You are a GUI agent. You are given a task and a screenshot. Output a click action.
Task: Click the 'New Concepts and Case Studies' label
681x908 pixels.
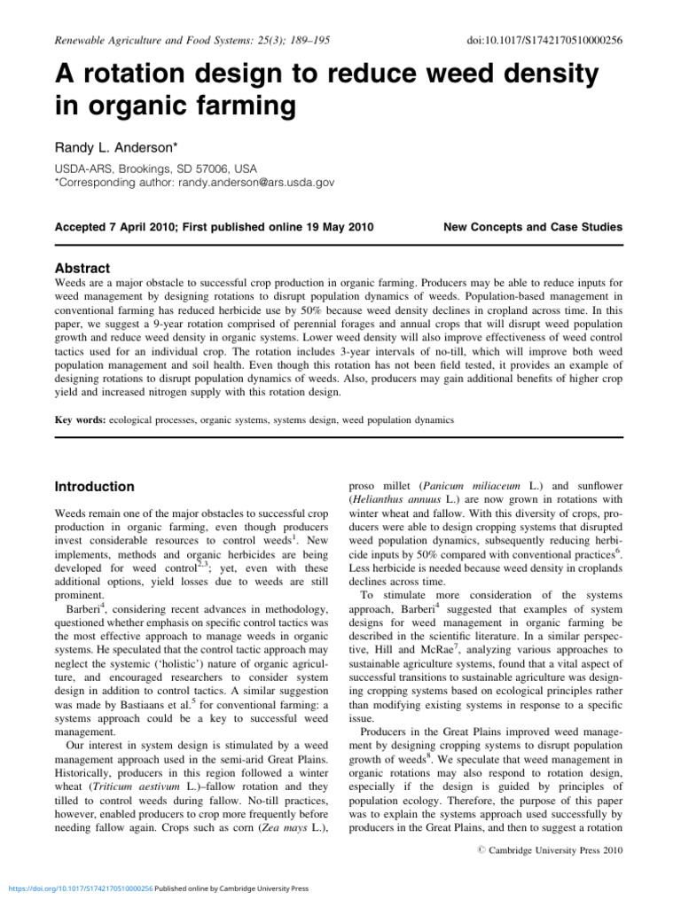coord(533,227)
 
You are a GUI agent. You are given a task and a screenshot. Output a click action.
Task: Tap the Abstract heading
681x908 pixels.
coord(82,269)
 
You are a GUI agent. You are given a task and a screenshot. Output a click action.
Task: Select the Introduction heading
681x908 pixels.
coord(95,487)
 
